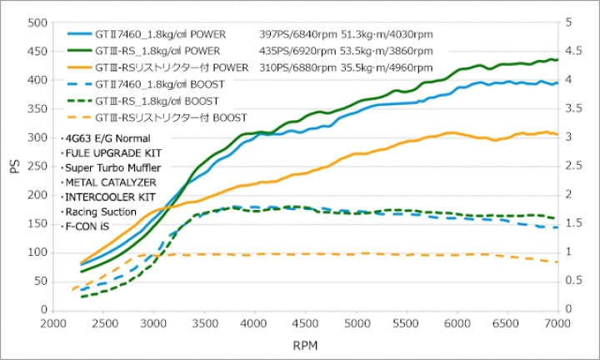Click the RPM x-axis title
(305, 343)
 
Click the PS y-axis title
(14, 166)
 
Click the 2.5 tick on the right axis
(573, 166)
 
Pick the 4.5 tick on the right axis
(573, 52)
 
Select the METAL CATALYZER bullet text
(109, 182)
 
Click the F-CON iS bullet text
(88, 226)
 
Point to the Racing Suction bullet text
(102, 211)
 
